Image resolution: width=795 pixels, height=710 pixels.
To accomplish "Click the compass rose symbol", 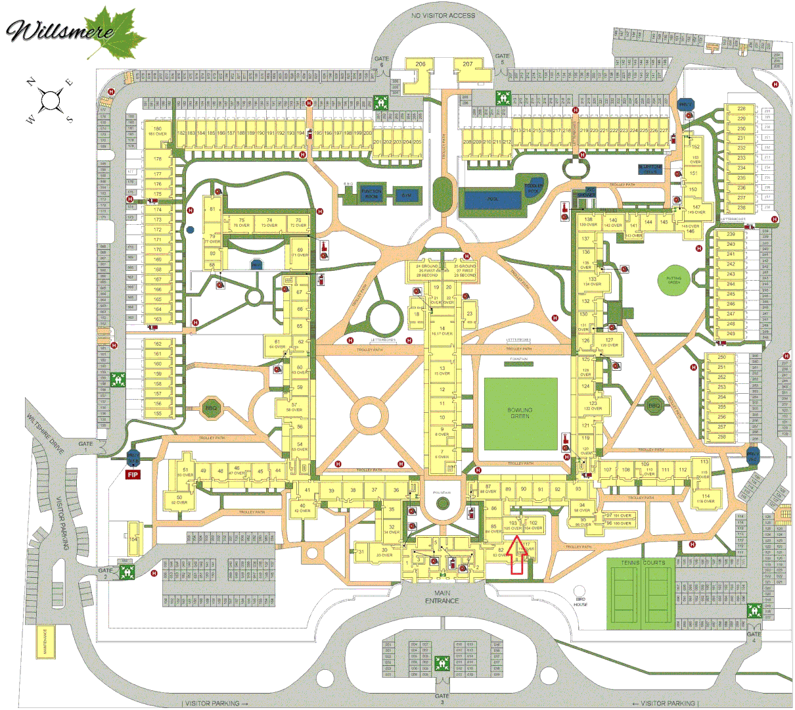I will coord(50,101).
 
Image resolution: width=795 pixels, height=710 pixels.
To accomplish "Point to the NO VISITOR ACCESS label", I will coord(443,16).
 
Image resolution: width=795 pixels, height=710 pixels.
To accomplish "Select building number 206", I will coord(420,64).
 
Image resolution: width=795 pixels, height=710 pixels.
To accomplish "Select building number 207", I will coord(467,64).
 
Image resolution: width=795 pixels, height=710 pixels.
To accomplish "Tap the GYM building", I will coord(405,195).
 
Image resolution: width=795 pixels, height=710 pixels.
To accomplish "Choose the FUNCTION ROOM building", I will coord(371,195).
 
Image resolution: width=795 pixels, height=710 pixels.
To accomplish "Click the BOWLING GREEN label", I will coord(520,413).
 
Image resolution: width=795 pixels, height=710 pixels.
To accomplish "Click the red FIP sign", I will coord(133,474).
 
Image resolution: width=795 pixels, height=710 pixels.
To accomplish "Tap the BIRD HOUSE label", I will coord(580,602).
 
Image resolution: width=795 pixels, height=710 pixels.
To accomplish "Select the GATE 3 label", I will coord(442,699).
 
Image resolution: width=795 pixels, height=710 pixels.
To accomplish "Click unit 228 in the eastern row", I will coord(741,109).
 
